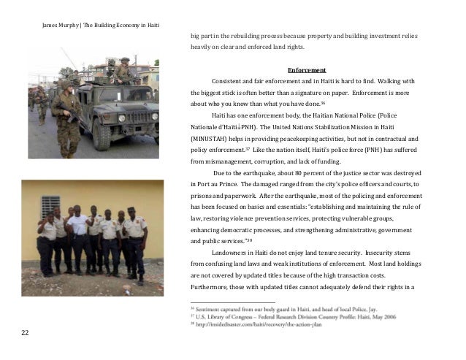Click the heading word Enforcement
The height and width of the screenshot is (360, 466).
[x=306, y=70]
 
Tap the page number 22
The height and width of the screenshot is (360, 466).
[x=25, y=334]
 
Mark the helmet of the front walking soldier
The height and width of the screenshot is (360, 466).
[x=64, y=85]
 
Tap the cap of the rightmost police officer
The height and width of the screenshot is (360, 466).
[x=131, y=211]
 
